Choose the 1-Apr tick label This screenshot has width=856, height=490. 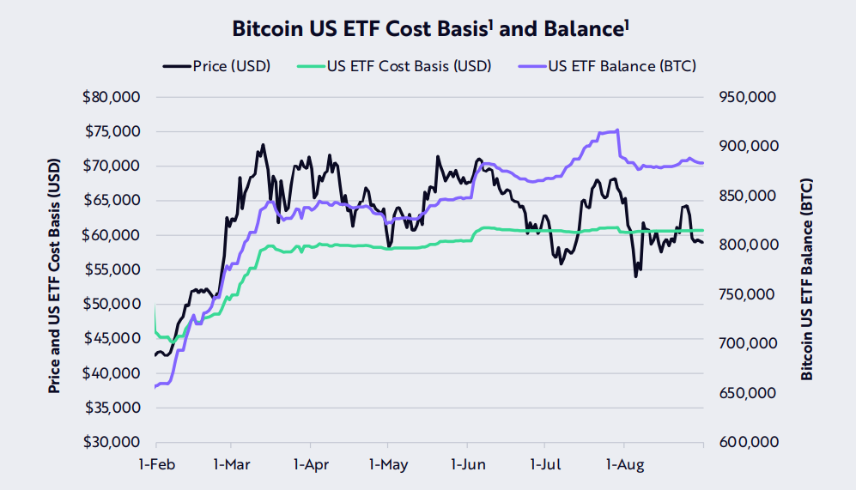[310, 464]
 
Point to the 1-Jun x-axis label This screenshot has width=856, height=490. [467, 464]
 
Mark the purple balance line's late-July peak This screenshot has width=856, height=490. [617, 130]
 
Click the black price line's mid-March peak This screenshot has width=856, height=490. [263, 145]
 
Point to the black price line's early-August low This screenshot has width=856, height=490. [636, 275]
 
